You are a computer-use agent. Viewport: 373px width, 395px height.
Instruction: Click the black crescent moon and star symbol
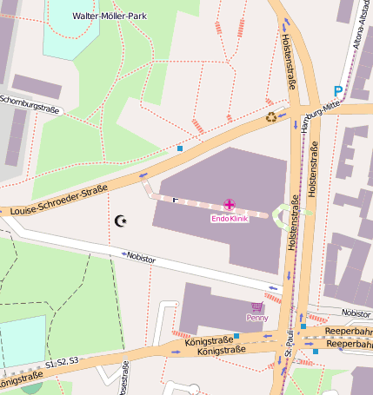pyautogui.click(x=121, y=221)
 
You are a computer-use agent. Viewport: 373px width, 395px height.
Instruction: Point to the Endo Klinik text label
pyautogui.click(x=230, y=219)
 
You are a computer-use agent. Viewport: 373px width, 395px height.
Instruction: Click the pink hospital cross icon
pyautogui.click(x=230, y=206)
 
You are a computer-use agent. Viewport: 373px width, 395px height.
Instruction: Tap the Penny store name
pyautogui.click(x=256, y=318)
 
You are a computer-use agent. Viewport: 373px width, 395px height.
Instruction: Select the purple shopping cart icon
pyautogui.click(x=256, y=306)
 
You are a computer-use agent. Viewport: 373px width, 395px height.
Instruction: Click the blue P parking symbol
pyautogui.click(x=338, y=90)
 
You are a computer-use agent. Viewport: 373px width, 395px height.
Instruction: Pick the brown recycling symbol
pyautogui.click(x=271, y=117)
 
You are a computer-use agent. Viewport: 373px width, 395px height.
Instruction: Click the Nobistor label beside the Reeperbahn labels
pyautogui.click(x=356, y=313)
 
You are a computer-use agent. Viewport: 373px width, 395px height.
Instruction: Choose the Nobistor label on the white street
pyautogui.click(x=141, y=257)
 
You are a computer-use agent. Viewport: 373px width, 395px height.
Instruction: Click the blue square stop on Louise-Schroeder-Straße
pyautogui.click(x=180, y=148)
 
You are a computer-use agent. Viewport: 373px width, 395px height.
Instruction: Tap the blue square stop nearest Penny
pyautogui.click(x=236, y=336)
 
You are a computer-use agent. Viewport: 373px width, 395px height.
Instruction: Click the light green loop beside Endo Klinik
pyautogui.click(x=288, y=214)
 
